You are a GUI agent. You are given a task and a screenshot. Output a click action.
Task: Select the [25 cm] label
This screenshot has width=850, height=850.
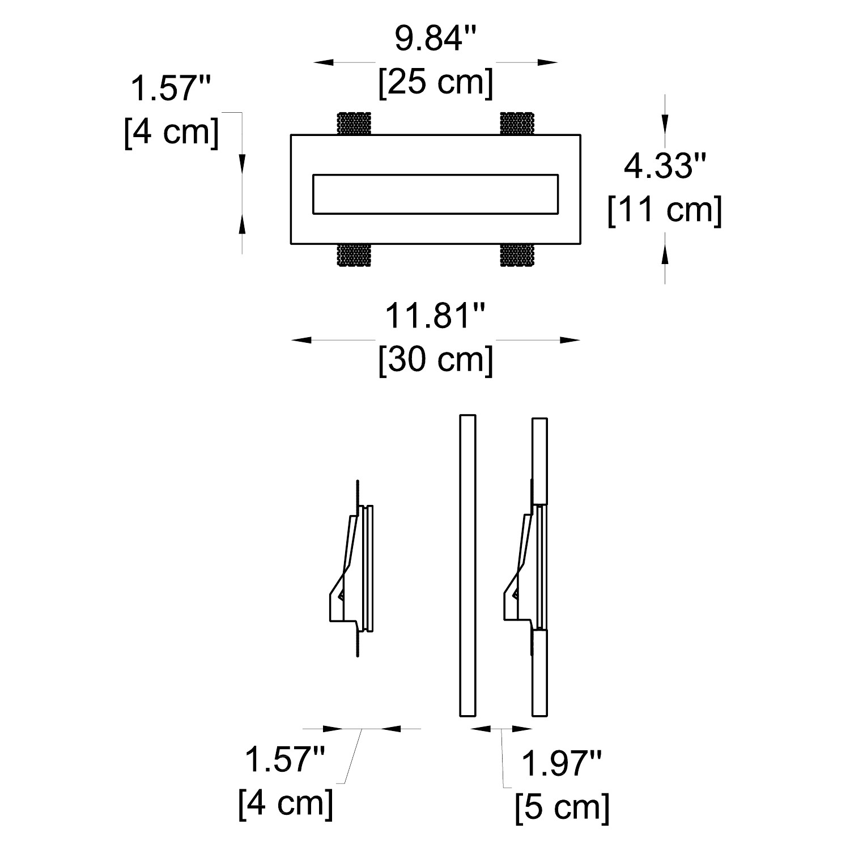tap(436, 83)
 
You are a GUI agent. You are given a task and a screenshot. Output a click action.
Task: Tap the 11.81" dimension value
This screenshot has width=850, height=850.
tap(436, 316)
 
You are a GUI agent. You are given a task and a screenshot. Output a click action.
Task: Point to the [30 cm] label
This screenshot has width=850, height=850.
tap(436, 359)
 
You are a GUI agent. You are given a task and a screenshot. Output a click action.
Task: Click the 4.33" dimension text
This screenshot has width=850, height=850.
tap(665, 167)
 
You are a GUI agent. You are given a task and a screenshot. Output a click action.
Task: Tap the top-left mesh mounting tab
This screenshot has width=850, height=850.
tap(354, 124)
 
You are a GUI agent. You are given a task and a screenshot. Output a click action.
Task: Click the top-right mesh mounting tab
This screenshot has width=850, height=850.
tap(517, 124)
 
